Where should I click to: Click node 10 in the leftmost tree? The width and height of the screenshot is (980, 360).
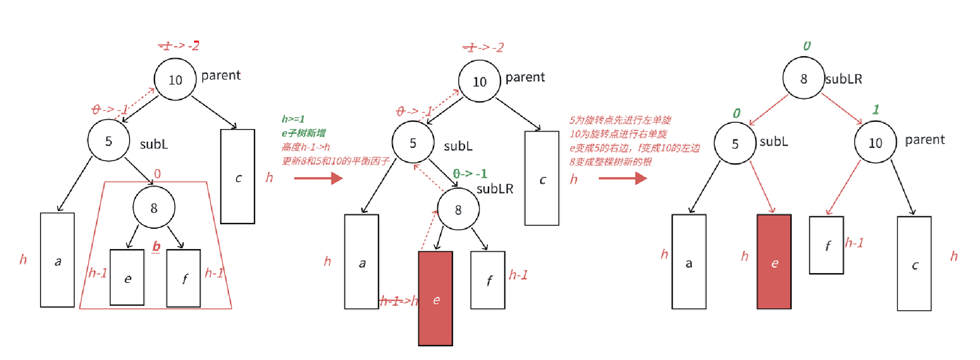175,80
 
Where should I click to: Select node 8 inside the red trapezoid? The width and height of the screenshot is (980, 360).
154,208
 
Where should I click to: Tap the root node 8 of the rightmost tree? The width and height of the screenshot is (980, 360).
803,78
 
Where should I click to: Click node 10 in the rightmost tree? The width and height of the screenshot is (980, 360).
875,142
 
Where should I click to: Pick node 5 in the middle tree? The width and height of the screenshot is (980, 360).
412,142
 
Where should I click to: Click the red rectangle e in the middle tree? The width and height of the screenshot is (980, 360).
435,298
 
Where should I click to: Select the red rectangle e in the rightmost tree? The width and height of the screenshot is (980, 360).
774,262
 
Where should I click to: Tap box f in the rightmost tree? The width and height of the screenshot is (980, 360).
826,245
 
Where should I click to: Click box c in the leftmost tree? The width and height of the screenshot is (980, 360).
238,176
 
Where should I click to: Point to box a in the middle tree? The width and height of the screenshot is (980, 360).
362,262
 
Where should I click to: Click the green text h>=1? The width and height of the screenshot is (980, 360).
293,119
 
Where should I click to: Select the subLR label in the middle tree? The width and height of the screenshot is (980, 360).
495,188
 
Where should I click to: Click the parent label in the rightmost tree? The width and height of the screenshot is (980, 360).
924,139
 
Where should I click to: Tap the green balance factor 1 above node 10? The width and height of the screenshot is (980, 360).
876,109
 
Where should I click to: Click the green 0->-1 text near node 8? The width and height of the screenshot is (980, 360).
470,173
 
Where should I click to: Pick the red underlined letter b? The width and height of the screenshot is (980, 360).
156,246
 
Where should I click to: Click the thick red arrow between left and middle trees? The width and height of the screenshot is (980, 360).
318,178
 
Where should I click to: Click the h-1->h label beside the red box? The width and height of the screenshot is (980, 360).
398,300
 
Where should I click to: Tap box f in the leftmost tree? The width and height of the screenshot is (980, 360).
184,278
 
